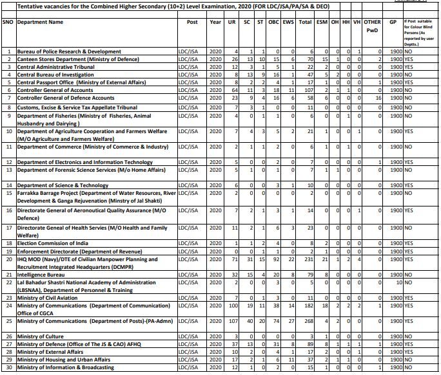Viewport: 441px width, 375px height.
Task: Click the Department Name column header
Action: (x=40, y=21)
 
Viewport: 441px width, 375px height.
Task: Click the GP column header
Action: (x=393, y=21)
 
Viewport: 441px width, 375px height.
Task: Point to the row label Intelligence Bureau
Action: (x=44, y=273)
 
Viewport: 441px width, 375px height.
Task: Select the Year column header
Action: (x=215, y=21)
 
